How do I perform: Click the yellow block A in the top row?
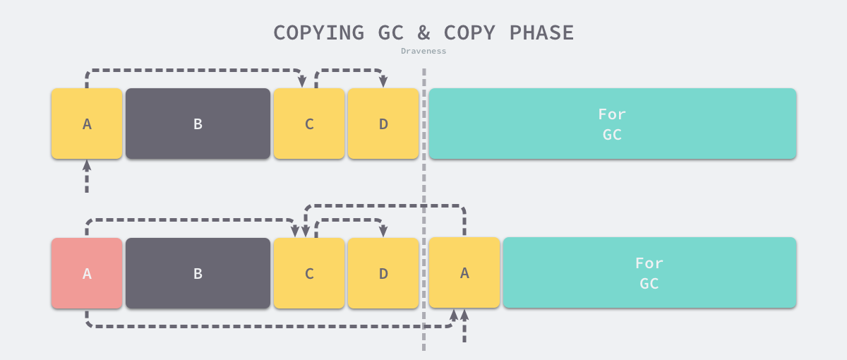(x=87, y=124)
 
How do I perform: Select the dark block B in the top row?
(x=198, y=124)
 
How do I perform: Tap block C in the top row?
(x=309, y=124)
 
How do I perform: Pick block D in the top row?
(x=383, y=124)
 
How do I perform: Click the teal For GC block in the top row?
(x=612, y=124)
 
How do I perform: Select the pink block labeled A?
(x=87, y=273)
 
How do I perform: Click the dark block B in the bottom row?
(x=198, y=273)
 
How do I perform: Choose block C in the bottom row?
(x=309, y=273)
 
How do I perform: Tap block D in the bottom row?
(x=383, y=273)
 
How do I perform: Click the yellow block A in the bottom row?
(x=464, y=272)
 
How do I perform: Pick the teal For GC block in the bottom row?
(x=649, y=272)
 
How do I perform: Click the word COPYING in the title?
(x=318, y=32)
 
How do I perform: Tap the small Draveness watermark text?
(x=423, y=51)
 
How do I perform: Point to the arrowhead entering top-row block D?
(x=383, y=83)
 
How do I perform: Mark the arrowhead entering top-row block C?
(x=301, y=83)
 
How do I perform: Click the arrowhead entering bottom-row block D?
(x=383, y=232)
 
